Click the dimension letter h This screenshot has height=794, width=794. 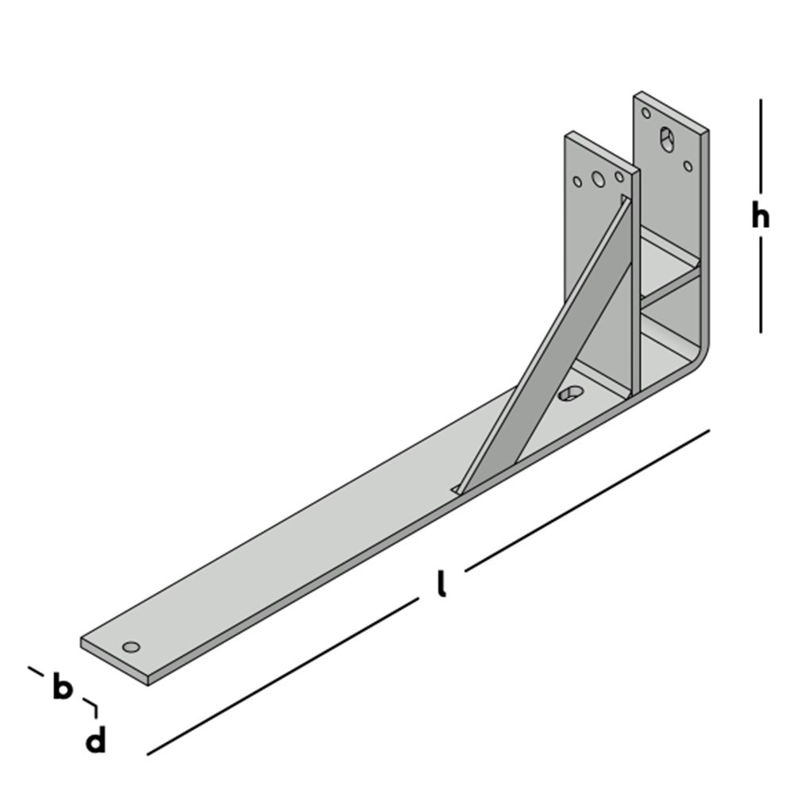pos(761,215)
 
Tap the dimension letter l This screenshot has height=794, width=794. pos(441,584)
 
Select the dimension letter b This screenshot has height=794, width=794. pos(62,687)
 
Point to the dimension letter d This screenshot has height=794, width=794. pos(95,742)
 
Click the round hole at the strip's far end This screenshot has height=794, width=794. pos(132,646)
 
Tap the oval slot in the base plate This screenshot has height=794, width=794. pos(569,393)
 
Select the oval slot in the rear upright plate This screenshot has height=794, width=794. pos(666,140)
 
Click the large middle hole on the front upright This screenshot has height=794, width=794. pos(599,179)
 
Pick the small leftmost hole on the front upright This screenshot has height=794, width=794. pos(577,182)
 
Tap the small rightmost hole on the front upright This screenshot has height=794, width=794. pos(619,175)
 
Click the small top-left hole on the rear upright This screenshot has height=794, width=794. pos(646,113)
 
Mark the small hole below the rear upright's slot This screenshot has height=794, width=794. pos(688,166)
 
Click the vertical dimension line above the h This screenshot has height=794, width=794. pos(761,147)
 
